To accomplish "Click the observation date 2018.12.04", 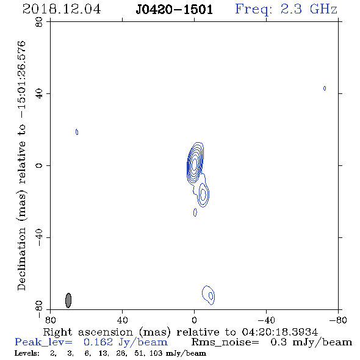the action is (62, 9).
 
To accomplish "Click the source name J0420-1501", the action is (175, 10).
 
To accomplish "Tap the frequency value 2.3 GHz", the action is (309, 9).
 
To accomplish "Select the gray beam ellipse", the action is (68, 300).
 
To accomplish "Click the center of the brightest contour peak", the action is (195, 164).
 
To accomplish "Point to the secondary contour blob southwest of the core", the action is (203, 195).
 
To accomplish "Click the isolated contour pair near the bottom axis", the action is (209, 295).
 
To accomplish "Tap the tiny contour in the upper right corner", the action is (325, 88).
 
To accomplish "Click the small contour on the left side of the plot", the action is (77, 132).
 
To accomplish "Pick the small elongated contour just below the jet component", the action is (195, 212).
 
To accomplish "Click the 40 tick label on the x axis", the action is (122, 320).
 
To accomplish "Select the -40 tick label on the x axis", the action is (266, 320).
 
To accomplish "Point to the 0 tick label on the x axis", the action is (194, 320).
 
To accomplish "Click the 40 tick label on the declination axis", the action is (39, 94).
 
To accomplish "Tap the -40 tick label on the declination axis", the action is (39, 237).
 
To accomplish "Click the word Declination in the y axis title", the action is (21, 259).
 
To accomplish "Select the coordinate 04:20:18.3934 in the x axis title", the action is (279, 332).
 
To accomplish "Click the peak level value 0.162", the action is (98, 342).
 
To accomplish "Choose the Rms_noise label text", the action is (225, 342).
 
